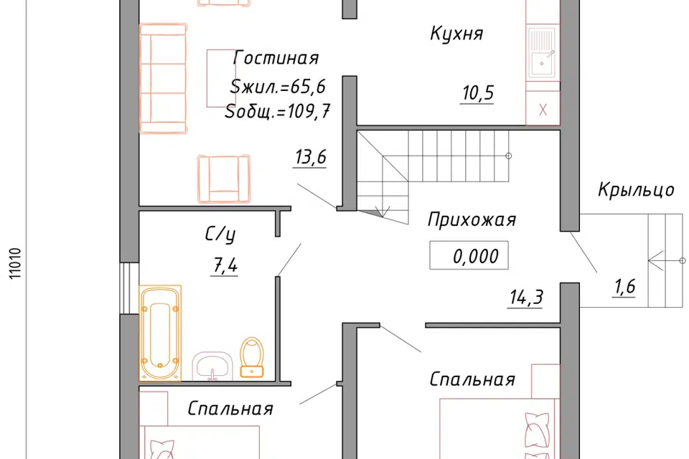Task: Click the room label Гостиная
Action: tap(276, 58)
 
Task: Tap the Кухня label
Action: tap(456, 33)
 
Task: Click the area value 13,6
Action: tap(310, 158)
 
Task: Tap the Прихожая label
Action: tap(472, 219)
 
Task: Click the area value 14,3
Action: tap(525, 297)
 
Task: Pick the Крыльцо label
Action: tap(636, 190)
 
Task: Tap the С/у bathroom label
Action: tap(221, 234)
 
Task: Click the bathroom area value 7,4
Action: tap(224, 266)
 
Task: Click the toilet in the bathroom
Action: tap(252, 356)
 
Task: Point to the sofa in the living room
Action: tap(163, 78)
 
